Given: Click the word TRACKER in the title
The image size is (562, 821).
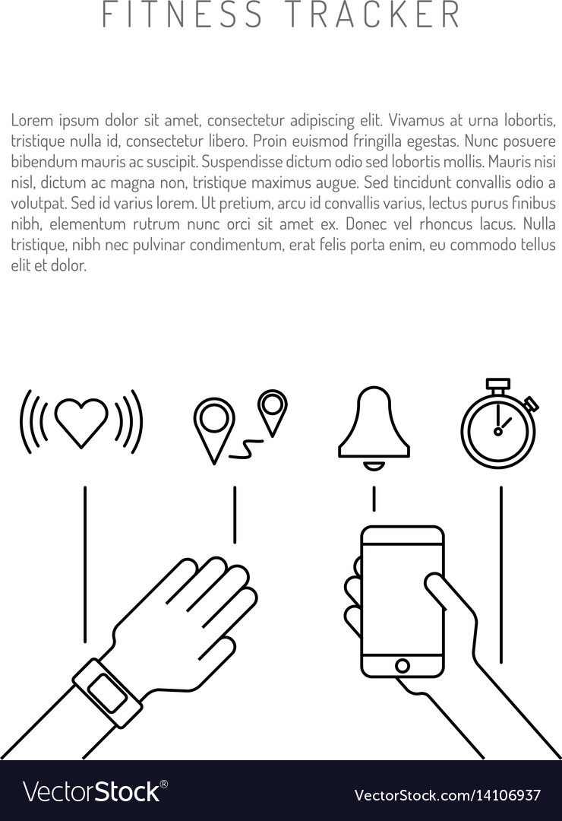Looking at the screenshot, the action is coord(372,14).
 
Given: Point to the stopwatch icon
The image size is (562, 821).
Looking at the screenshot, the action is coord(499,423).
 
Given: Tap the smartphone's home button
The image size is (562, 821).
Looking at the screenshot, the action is coord(403,666).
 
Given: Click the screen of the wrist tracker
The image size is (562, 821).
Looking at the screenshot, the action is coord(107,692).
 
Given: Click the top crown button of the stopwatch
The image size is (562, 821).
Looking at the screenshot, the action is coord(498,385).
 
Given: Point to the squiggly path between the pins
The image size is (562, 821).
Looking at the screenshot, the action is coord(246,449).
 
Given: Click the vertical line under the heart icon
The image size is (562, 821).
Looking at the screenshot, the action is coord(85,564).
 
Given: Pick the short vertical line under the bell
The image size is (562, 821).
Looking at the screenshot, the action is coord(374,499).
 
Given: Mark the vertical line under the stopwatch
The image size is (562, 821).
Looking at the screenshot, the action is coord(500,575).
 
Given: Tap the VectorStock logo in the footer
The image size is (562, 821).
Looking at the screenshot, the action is coord(95,791).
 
